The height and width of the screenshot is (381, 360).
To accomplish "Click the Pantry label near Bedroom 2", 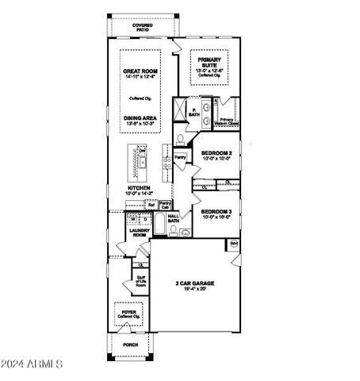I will point(181,157).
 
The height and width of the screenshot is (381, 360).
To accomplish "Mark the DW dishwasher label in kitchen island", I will point(144,151).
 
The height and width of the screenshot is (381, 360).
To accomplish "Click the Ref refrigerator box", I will point(150,205).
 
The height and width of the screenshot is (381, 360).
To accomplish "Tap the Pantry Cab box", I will point(165,205).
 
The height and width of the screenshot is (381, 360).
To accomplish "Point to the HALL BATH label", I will point(173,218).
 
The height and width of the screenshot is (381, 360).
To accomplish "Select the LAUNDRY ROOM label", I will point(140,233).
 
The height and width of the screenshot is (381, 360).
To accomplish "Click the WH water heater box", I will point(234,243).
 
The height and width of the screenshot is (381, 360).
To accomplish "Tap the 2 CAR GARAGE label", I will point(194,287).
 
